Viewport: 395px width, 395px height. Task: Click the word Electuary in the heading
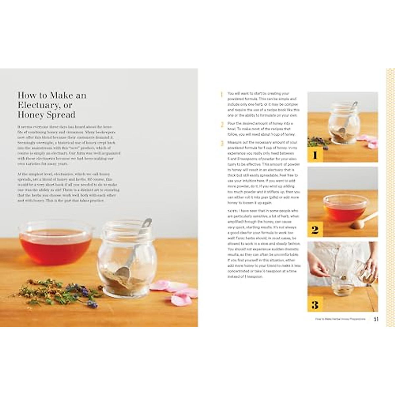point(35,105)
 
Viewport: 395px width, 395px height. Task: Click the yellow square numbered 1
point(315,154)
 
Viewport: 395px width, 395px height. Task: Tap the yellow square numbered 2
point(315,229)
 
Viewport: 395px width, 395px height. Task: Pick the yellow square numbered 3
point(315,304)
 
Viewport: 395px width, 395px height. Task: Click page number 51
point(376,319)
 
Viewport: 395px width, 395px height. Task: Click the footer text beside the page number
point(340,319)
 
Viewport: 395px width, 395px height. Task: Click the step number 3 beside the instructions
point(222,143)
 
